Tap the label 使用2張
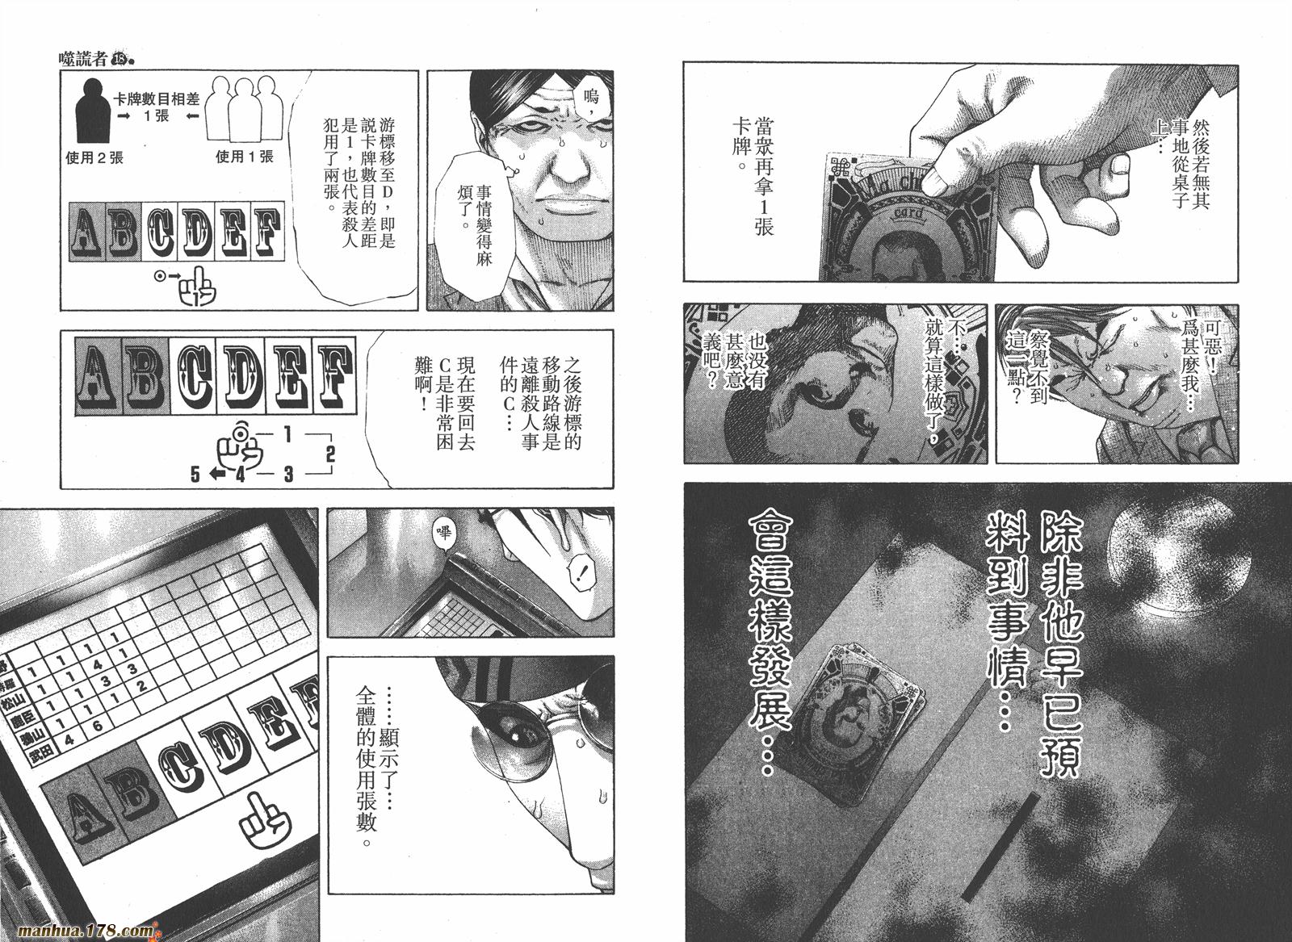pyautogui.click(x=94, y=158)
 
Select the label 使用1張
pyautogui.click(x=245, y=157)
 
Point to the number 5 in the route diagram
pyautogui.click(x=195, y=475)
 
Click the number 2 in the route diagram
pyautogui.click(x=329, y=454)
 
